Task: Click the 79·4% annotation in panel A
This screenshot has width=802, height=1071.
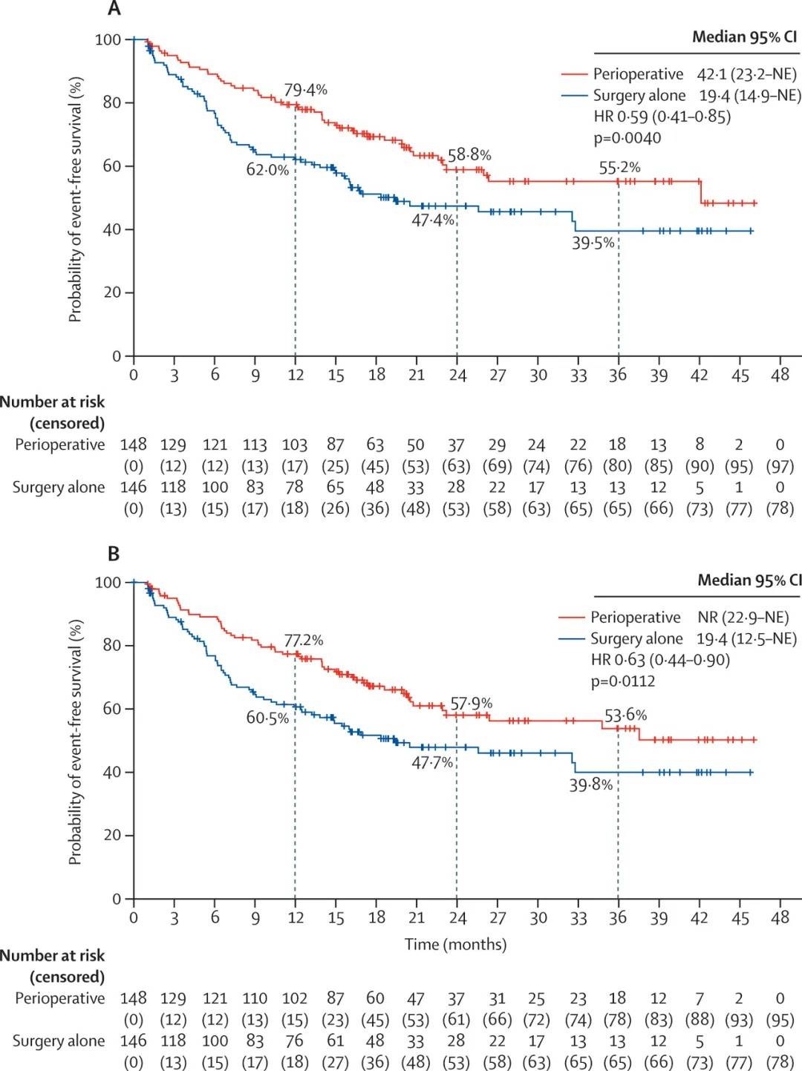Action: (305, 90)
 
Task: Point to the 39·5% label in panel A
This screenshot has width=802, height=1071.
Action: (593, 243)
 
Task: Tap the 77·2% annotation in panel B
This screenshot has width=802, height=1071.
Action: (303, 640)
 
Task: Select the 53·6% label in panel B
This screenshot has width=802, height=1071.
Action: (625, 715)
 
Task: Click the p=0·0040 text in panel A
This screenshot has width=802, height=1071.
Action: (627, 138)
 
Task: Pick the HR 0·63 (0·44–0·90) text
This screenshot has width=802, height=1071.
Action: (659, 660)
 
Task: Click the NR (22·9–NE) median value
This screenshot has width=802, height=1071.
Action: (743, 618)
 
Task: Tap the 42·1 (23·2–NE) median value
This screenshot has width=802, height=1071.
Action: (746, 74)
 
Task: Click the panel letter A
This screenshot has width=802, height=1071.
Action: (114, 9)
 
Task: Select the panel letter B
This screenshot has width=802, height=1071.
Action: (114, 554)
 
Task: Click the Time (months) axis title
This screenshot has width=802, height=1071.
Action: (455, 944)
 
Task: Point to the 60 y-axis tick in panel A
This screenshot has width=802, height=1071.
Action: (111, 166)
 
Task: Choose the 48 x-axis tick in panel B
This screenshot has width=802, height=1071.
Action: (780, 918)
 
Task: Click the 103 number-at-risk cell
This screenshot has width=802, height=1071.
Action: (295, 445)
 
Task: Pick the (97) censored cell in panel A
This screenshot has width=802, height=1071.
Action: (780, 466)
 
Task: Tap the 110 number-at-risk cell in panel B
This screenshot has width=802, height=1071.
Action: (254, 998)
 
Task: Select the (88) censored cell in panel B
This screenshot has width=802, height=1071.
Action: (699, 1020)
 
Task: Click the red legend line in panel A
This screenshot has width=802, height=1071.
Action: (573, 74)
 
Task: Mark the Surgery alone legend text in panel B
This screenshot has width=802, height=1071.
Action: (636, 639)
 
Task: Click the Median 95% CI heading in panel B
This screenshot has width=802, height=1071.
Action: (749, 580)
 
